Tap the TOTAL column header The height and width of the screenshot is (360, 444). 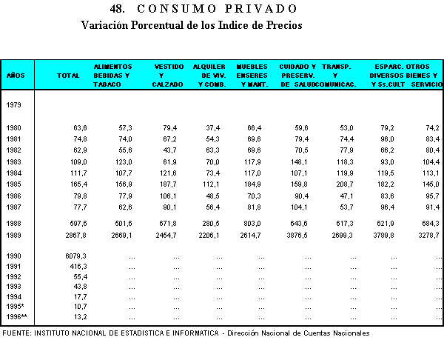pyautogui.click(x=68, y=76)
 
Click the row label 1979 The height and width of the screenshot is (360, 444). pyautogui.click(x=13, y=104)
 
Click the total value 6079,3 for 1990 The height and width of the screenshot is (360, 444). pyautogui.click(x=75, y=256)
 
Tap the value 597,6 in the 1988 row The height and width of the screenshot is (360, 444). pyautogui.click(x=78, y=224)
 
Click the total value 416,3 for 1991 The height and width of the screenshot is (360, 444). pyautogui.click(x=78, y=266)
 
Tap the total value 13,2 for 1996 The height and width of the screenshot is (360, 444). pyautogui.click(x=79, y=316)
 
